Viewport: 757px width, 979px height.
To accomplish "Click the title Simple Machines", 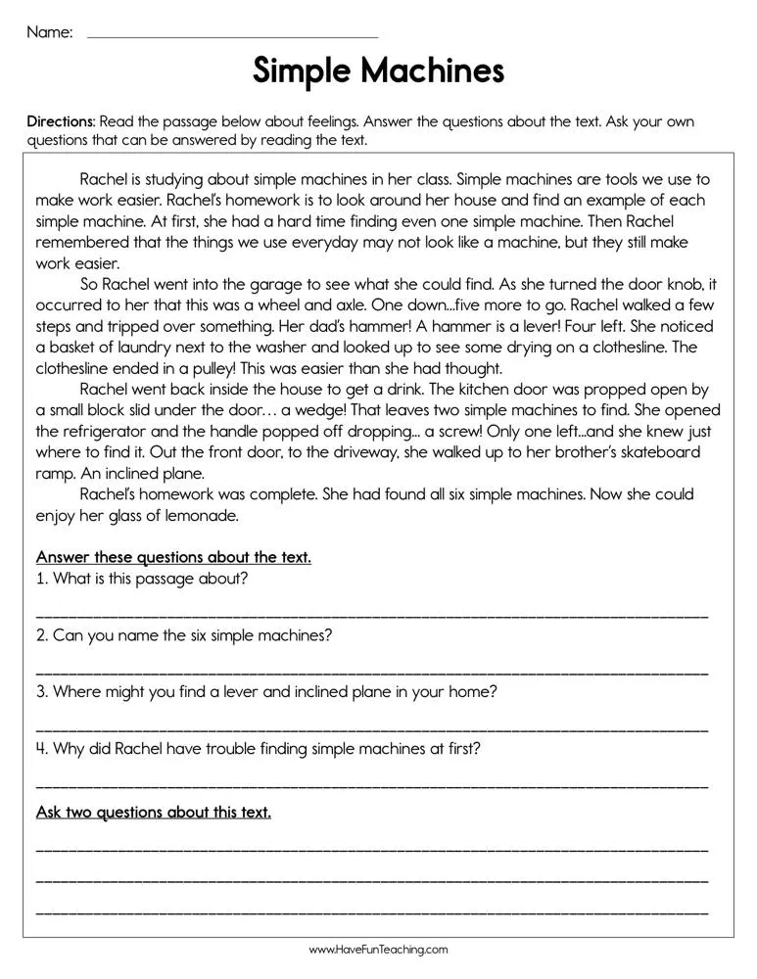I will pos(378,71).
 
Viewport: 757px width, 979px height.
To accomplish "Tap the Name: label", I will pos(49,32).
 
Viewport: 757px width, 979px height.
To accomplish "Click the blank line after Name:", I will pos(232,36).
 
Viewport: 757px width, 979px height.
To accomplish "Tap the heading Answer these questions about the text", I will pos(173,557).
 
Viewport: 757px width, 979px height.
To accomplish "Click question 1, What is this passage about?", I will pos(142,579).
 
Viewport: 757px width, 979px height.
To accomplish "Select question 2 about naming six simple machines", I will pos(184,634).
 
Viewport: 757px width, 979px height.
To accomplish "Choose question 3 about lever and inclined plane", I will pos(266,691).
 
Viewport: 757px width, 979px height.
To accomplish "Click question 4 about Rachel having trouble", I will pos(259,748).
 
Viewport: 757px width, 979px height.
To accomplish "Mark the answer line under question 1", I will pos(372,615).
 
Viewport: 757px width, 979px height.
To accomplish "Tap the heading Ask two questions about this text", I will pos(154,812).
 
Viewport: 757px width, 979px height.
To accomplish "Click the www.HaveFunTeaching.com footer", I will pos(378,950).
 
